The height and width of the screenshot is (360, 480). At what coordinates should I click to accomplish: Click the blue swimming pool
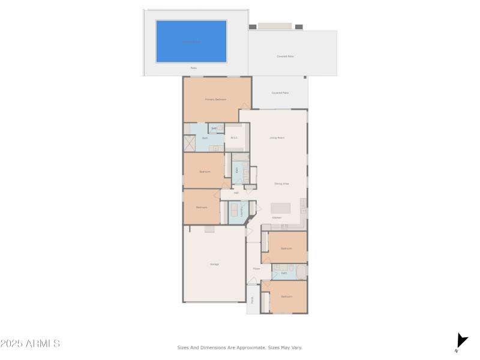(x=191, y=41)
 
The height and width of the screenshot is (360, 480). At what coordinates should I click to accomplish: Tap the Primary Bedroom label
(x=215, y=99)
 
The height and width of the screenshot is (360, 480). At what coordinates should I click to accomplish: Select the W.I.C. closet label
(x=235, y=138)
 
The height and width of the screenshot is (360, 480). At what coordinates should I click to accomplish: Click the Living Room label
(x=277, y=138)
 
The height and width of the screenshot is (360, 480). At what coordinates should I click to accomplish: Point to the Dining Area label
(x=281, y=184)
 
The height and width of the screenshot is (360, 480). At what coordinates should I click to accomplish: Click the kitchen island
(x=281, y=208)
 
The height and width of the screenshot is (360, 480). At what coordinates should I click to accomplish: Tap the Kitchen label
(x=277, y=217)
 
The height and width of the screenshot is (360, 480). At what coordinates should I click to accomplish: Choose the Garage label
(x=214, y=264)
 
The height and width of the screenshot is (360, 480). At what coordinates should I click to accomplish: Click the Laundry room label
(x=242, y=211)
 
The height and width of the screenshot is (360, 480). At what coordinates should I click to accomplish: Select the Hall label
(x=236, y=193)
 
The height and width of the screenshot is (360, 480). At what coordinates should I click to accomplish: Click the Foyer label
(x=256, y=268)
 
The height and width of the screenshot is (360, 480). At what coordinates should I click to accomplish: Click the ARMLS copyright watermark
(x=30, y=344)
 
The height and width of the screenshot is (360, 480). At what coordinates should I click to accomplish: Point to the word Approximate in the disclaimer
(x=250, y=347)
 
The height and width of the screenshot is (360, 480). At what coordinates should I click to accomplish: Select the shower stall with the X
(x=190, y=144)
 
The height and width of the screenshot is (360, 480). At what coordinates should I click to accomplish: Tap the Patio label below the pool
(x=194, y=68)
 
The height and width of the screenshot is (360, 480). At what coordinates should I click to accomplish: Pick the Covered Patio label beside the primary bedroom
(x=280, y=93)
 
